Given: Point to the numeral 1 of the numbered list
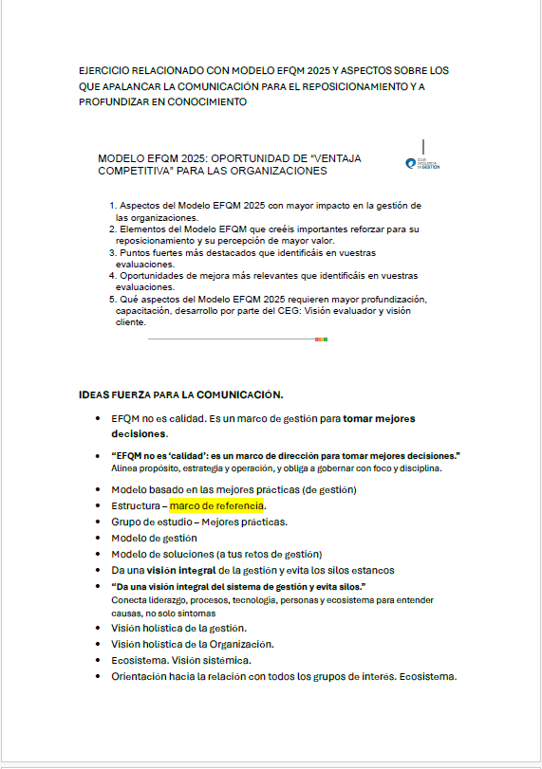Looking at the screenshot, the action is coord(112,206).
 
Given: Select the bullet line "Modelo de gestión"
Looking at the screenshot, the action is coord(154,538).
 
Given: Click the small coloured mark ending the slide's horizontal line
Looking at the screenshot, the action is coord(322,339).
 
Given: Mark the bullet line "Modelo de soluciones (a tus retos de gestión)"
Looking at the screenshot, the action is coord(216,554).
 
